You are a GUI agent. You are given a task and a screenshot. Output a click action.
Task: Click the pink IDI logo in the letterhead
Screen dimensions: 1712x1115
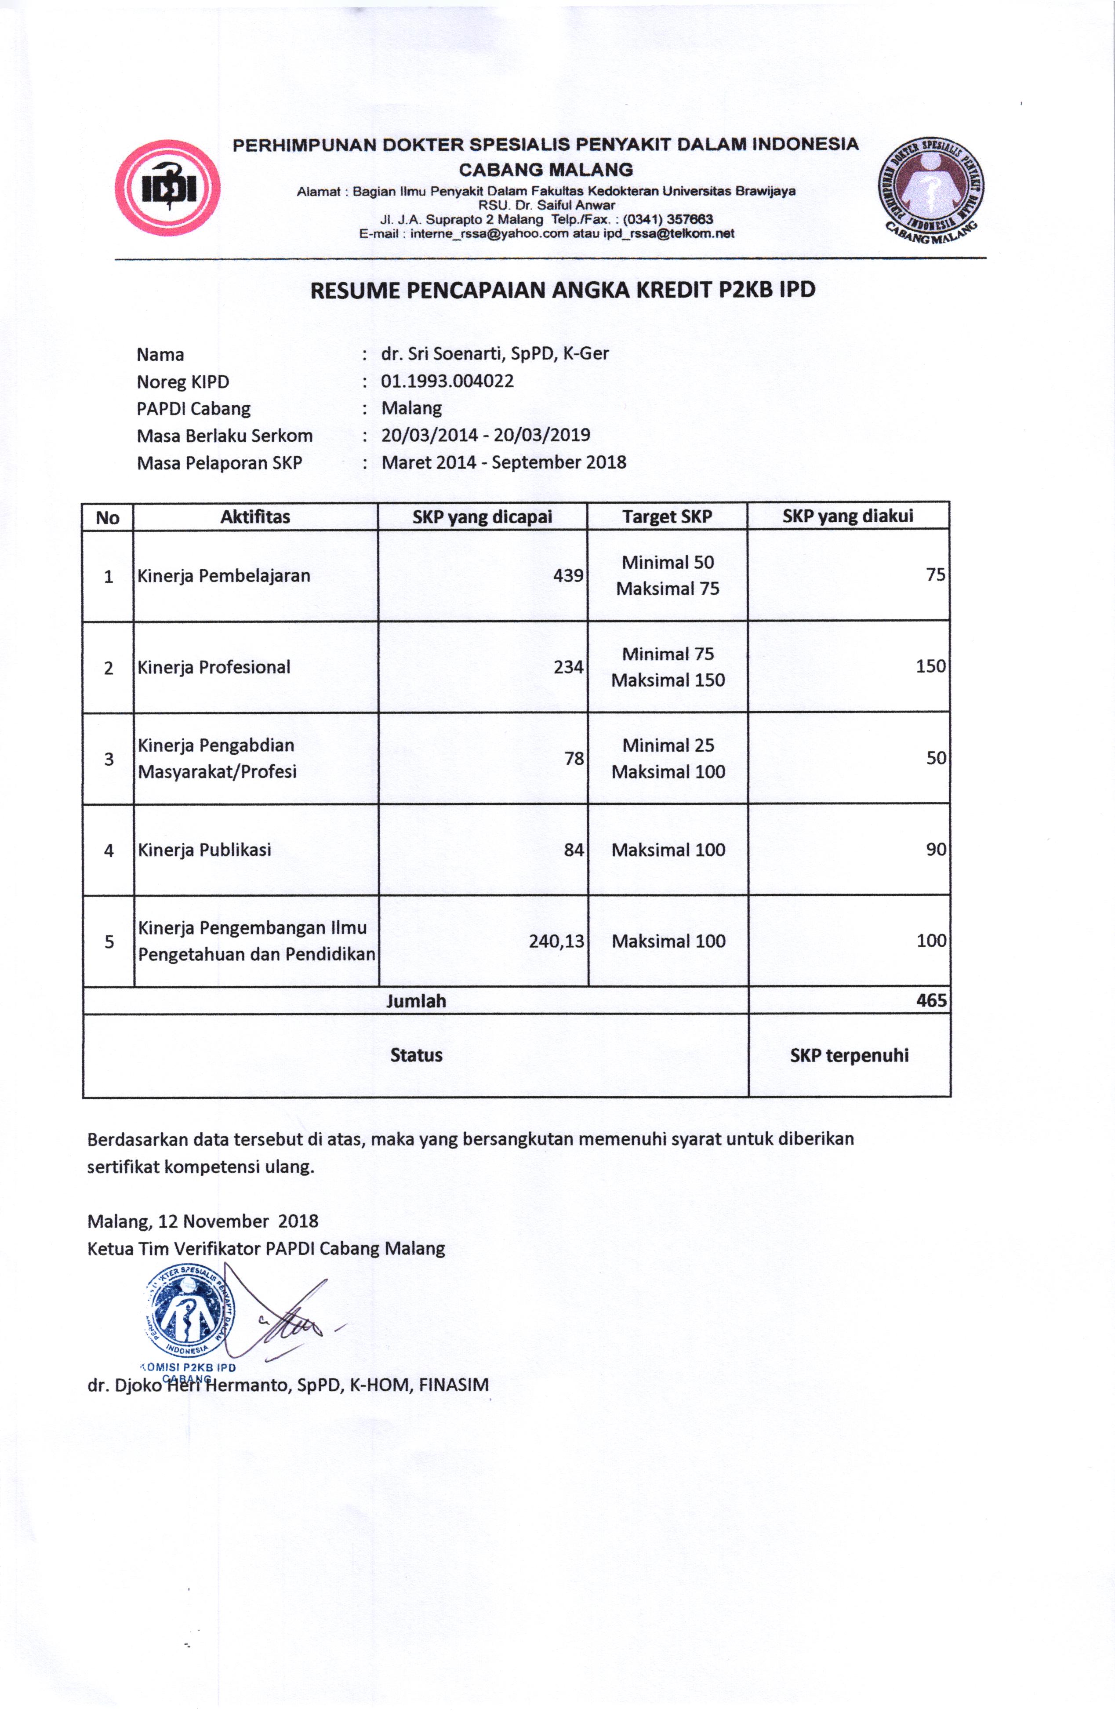tap(167, 188)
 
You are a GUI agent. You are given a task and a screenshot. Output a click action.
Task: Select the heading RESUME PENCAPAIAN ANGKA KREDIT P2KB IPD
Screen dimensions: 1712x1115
tap(563, 290)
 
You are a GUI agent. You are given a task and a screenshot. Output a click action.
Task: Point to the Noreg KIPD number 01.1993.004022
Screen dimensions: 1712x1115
tap(447, 381)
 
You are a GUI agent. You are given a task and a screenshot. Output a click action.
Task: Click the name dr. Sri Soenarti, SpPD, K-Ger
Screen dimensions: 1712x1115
tap(495, 354)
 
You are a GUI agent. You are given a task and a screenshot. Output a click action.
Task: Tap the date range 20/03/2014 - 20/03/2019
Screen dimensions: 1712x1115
tap(486, 435)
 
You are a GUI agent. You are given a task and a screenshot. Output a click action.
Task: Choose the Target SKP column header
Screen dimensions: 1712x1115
tap(667, 516)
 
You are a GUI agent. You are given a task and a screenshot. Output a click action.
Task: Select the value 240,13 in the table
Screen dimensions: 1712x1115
tap(556, 941)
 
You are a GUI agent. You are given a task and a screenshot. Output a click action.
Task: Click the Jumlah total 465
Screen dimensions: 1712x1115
tap(931, 1000)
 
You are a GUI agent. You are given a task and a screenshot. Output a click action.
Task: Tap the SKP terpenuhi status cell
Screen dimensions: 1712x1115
tap(849, 1055)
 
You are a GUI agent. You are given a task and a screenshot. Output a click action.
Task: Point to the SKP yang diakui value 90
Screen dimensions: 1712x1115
tap(935, 850)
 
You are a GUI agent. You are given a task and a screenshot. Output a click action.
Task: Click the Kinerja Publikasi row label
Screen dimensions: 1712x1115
tap(204, 850)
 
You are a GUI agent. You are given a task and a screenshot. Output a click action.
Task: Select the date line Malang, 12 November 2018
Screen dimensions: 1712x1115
tap(203, 1221)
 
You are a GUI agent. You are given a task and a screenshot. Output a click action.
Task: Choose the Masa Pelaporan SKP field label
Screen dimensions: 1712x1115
tap(219, 462)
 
